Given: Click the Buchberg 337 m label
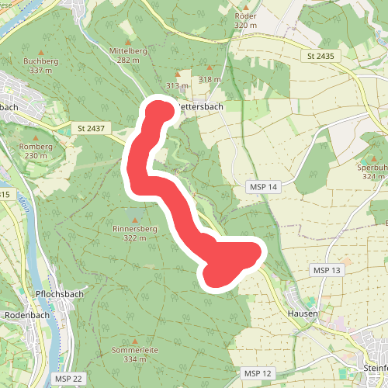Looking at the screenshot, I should click(x=41, y=65).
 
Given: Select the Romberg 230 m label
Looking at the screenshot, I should click(x=36, y=151).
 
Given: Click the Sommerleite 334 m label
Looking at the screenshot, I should click(x=135, y=355).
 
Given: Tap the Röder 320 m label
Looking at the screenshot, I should click(x=245, y=20).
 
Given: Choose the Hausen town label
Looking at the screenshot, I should click(x=303, y=313).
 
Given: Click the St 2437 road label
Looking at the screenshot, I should click(x=92, y=126).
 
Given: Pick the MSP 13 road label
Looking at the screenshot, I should click(x=326, y=269).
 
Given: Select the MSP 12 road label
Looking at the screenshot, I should click(x=258, y=374).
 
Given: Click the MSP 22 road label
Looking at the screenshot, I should click(x=68, y=378).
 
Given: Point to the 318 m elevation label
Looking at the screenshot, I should click(x=210, y=79).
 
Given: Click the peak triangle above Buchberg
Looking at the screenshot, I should click(x=41, y=48).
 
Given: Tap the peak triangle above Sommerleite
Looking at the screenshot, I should click(x=135, y=341).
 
